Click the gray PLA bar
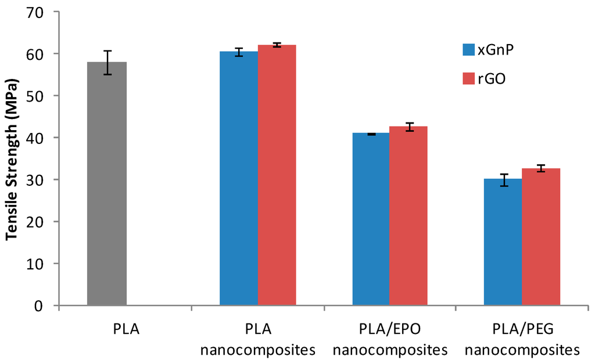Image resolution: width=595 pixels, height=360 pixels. click(107, 183)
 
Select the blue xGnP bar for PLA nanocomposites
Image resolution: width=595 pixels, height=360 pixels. click(239, 178)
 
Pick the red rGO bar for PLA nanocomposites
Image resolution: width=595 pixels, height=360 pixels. click(277, 175)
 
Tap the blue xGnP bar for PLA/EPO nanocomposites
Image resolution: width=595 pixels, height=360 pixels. click(371, 219)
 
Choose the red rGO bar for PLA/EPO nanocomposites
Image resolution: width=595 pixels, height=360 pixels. click(408, 216)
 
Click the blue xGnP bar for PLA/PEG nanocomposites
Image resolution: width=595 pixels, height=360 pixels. click(503, 242)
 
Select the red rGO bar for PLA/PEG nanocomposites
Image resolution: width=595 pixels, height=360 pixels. click(541, 237)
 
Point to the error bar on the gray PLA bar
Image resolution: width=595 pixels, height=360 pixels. click(107, 63)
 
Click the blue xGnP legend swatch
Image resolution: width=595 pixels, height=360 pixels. click(469, 50)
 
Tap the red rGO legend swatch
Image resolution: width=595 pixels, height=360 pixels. click(469, 78)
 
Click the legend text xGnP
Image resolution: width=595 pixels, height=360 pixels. click(496, 50)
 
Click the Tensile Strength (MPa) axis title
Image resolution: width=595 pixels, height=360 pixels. click(12, 159)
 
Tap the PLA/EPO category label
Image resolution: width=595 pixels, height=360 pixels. click(390, 329)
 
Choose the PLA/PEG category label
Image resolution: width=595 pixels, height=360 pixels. click(523, 329)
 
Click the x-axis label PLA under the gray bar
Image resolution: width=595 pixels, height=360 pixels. click(126, 329)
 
